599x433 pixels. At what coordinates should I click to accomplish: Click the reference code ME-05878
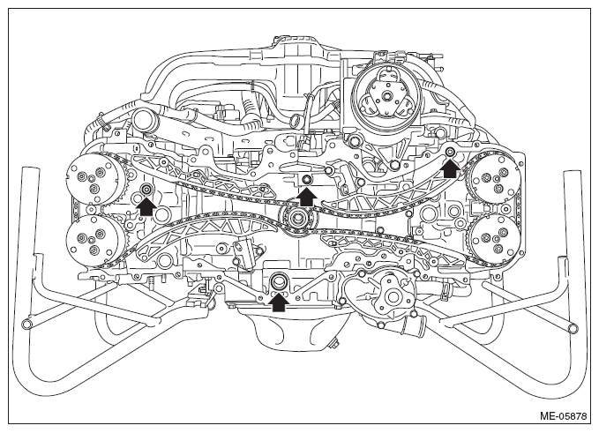(x=563, y=415)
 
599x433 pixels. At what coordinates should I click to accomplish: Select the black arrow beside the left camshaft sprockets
(x=146, y=207)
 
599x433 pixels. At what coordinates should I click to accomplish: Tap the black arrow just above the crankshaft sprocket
(x=308, y=198)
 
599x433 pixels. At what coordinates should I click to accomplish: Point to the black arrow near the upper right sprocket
(x=451, y=168)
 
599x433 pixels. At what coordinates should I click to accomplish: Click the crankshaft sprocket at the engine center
(x=296, y=219)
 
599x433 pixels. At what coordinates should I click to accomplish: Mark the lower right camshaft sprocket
(x=494, y=238)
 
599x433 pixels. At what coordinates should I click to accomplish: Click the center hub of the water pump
(x=392, y=296)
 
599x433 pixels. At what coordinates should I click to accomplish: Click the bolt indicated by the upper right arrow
(x=451, y=152)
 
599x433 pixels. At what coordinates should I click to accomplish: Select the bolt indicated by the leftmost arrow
(x=146, y=189)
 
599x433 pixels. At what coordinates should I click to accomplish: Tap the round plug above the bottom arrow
(x=278, y=282)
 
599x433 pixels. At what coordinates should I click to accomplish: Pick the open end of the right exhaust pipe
(x=573, y=328)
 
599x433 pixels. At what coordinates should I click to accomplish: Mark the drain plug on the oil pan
(x=335, y=345)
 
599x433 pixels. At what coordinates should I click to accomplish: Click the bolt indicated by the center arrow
(x=307, y=180)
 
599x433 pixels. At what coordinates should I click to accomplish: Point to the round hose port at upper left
(x=145, y=120)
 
